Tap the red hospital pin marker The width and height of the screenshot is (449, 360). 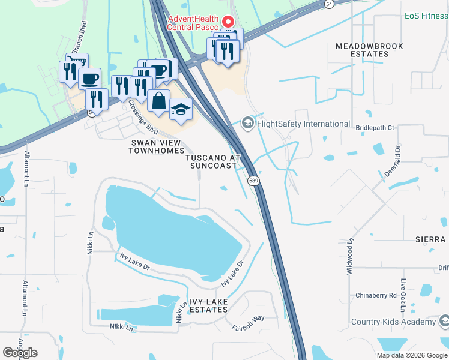click(228, 21)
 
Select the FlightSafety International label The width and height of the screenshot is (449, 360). click(303, 124)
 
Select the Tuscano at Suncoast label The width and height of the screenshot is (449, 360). click(212, 161)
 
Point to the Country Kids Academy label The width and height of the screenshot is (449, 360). click(393, 322)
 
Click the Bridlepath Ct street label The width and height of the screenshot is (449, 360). click(375, 128)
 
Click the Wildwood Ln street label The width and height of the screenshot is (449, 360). click(349, 256)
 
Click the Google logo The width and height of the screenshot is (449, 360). click(20, 353)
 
